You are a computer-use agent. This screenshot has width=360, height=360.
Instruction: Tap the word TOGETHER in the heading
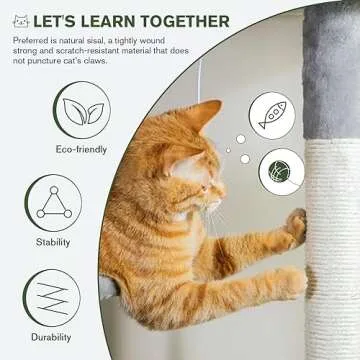pos(200,20)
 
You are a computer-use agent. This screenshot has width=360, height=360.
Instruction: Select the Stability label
pos(54,241)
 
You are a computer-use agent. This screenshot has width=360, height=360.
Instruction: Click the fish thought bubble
pos(273,116)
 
